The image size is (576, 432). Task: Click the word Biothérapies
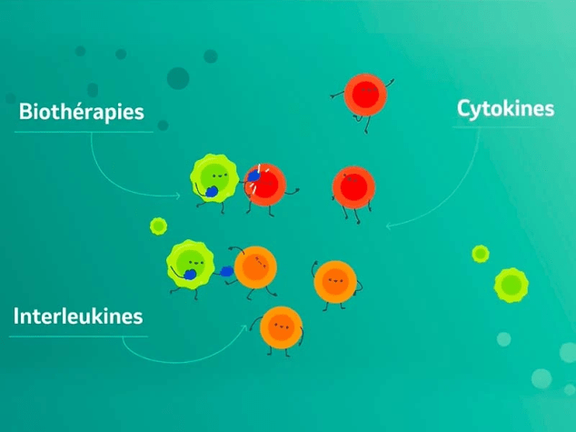[x=81, y=112]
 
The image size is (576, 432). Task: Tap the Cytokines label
[x=505, y=109]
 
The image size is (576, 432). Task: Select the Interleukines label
[x=78, y=316]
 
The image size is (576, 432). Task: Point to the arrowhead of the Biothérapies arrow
[x=178, y=196]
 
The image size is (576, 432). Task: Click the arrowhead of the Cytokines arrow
[x=389, y=226]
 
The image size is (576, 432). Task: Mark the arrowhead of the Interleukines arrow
[x=244, y=327]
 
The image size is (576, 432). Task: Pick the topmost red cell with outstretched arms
[x=365, y=95]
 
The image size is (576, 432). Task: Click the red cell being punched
[x=265, y=185]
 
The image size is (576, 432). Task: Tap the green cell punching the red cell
[x=214, y=178]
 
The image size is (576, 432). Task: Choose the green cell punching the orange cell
[x=190, y=264]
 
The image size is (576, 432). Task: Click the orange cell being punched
[x=255, y=267]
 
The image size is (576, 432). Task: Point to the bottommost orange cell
[x=281, y=327]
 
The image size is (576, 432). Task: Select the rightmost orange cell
[x=335, y=282]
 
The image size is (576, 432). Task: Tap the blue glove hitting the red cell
[x=253, y=176]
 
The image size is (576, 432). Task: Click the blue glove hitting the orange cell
[x=226, y=271]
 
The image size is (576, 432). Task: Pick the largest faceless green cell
[x=511, y=285]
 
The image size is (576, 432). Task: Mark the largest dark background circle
[x=178, y=78]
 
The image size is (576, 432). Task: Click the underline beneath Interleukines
[x=78, y=337]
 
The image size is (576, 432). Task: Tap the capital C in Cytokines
[x=464, y=108]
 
